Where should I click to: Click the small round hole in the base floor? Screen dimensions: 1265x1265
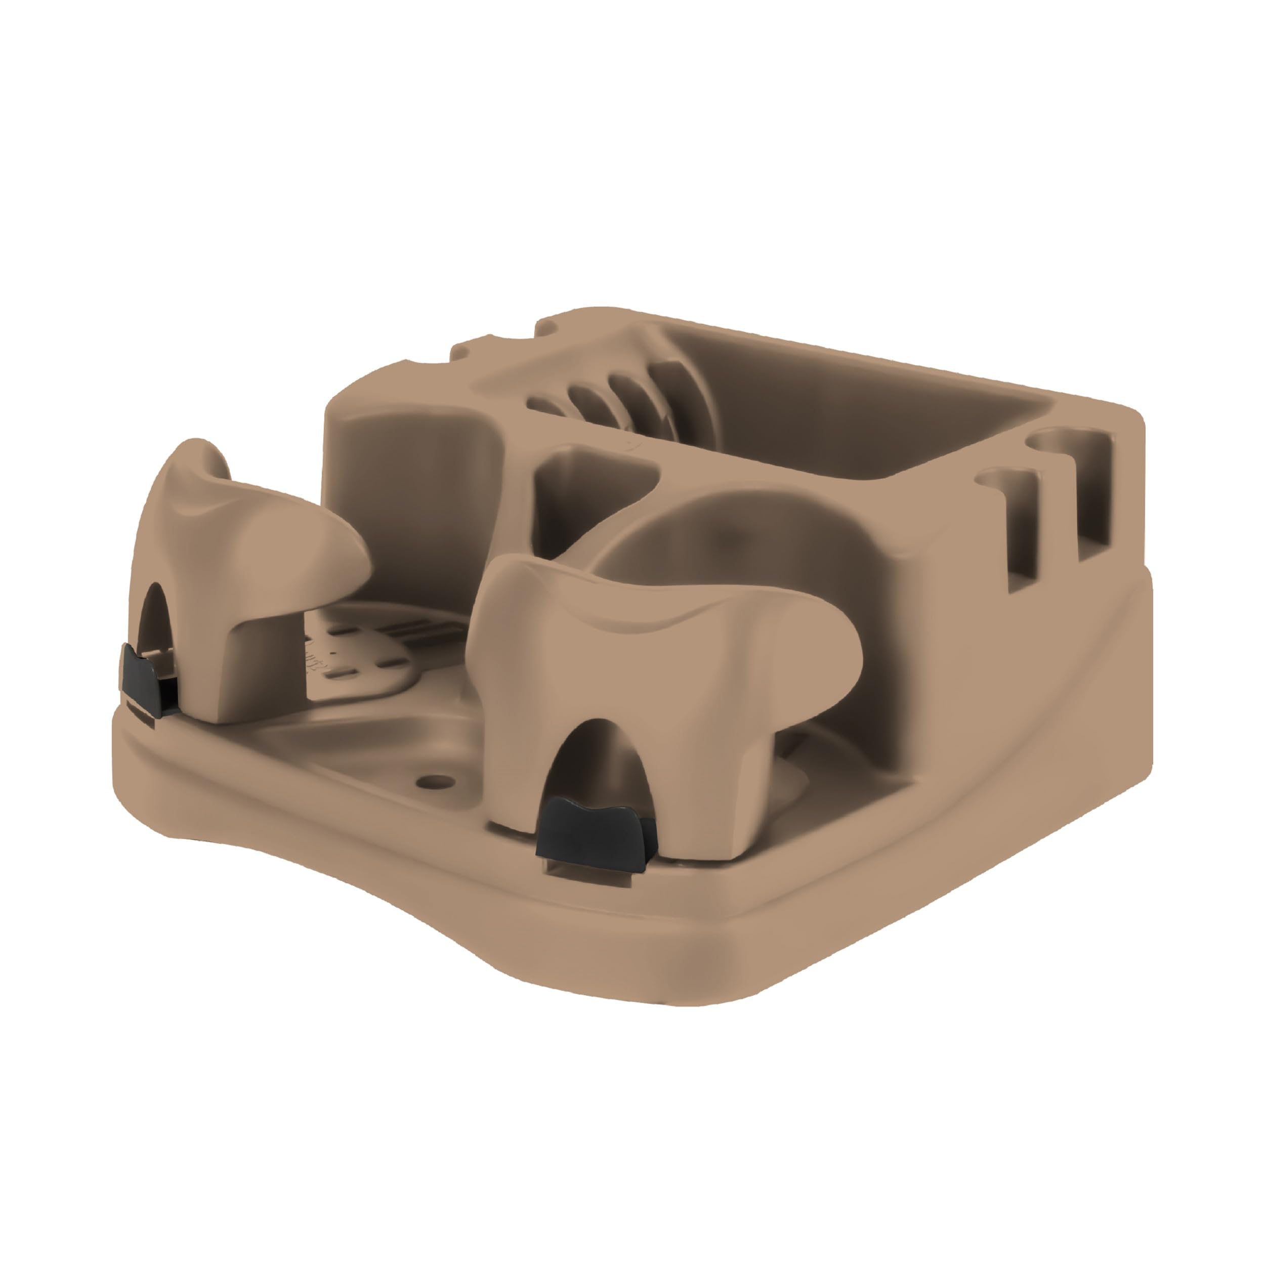pos(430,781)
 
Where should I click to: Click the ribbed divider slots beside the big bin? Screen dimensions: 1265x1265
pos(602,396)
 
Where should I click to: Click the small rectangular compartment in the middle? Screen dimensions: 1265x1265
pos(589,485)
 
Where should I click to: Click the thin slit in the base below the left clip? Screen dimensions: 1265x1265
pos(141,715)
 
